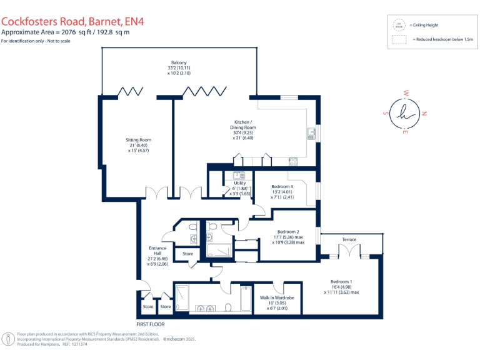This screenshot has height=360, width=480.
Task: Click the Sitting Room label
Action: point(139,140)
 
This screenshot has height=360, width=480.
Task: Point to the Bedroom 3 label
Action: point(282,187)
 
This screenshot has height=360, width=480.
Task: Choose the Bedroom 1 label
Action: point(342,281)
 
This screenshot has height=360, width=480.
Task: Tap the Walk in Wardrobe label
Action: point(276,297)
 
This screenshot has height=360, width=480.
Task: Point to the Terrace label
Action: point(349,239)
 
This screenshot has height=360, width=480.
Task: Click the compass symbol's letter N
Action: point(424,114)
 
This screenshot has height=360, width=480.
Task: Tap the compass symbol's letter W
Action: point(406,93)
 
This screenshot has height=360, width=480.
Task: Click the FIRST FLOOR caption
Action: point(151,324)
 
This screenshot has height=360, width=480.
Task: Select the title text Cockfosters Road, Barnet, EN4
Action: point(72,20)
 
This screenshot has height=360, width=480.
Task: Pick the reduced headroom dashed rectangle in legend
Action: point(398,39)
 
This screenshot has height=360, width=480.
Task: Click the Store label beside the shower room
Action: point(187,254)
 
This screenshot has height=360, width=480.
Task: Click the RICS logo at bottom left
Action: point(8,339)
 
